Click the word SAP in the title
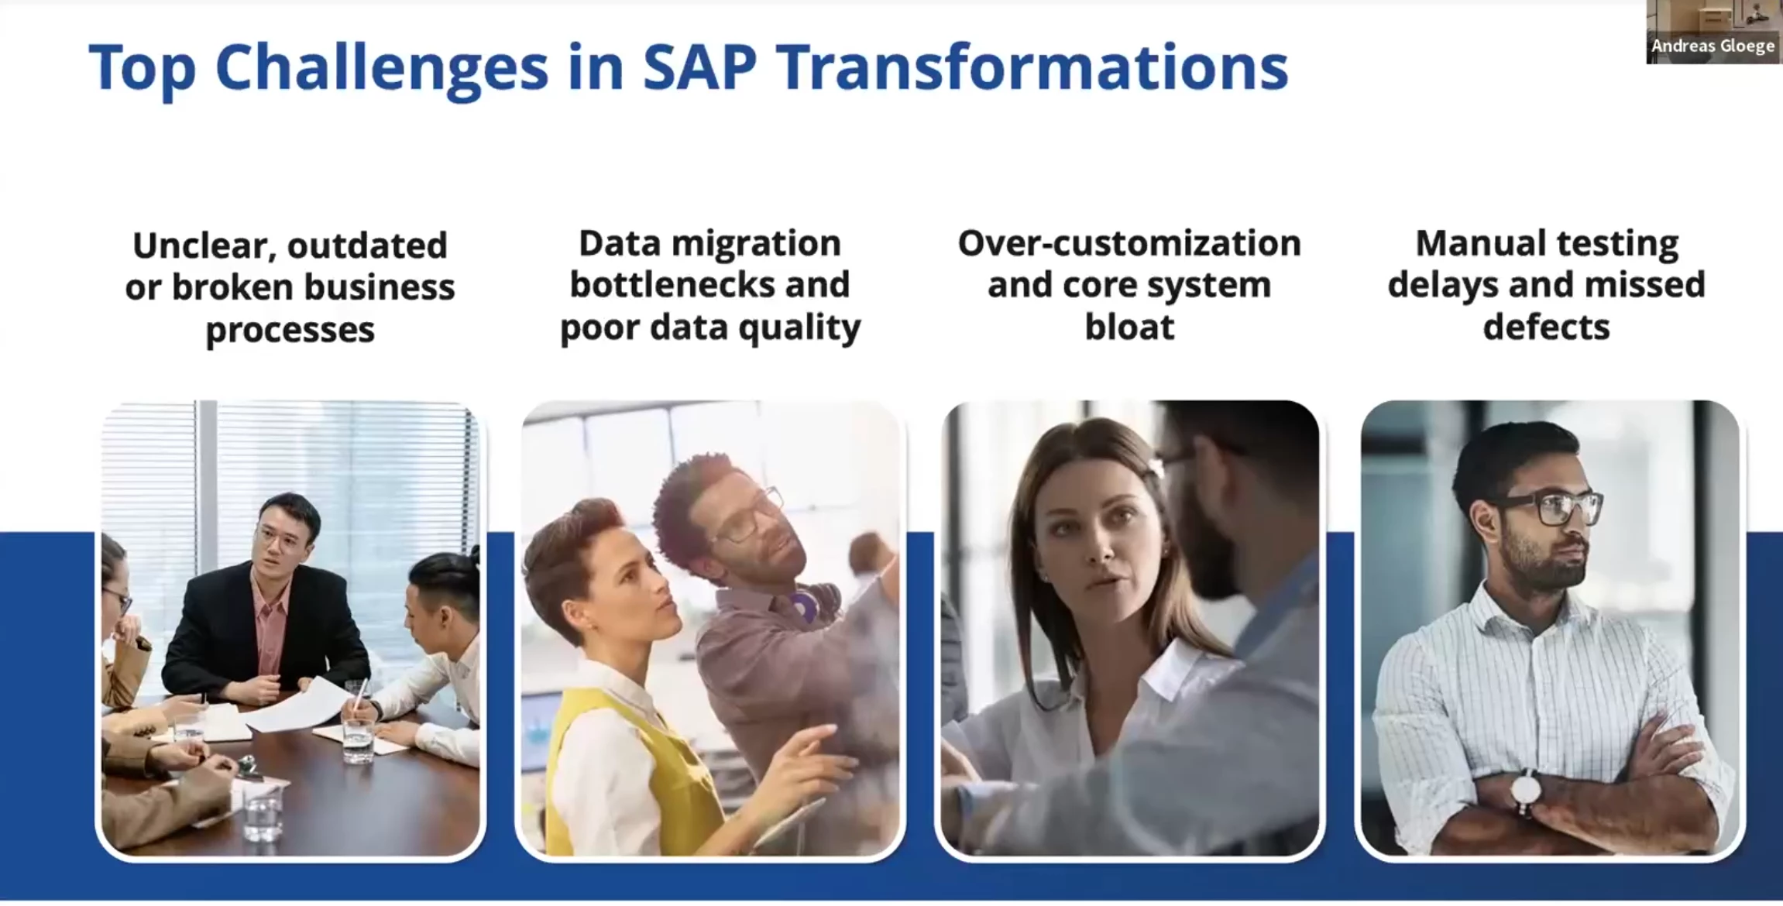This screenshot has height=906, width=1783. [699, 67]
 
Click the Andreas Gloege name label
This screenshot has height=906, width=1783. [1713, 46]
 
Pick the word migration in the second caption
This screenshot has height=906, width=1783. [756, 244]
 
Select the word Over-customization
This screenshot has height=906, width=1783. [1129, 243]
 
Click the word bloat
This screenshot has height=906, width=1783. [1129, 327]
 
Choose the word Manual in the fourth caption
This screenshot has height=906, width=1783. [1471, 243]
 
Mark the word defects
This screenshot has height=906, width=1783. [1546, 327]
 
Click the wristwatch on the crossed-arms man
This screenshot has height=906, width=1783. [1525, 791]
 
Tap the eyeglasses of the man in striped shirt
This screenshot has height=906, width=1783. [1550, 507]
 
